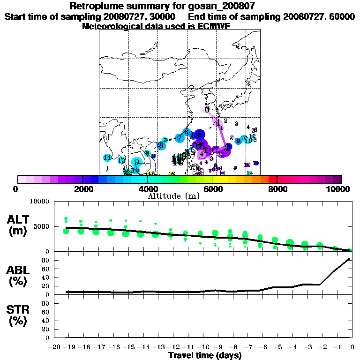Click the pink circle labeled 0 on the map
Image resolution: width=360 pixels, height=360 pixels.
coord(207,109)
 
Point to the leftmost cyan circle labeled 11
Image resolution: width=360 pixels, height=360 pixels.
coord(107,157)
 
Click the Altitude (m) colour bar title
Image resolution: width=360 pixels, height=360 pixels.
coord(173,196)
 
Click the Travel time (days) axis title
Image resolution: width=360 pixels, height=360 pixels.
coord(205,355)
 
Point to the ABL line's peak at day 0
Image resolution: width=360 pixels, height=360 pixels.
coord(350,258)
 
